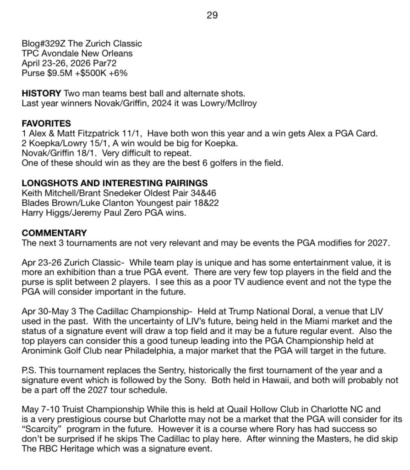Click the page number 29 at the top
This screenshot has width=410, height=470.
pyautogui.click(x=212, y=15)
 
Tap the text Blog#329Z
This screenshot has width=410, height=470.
pyautogui.click(x=40, y=44)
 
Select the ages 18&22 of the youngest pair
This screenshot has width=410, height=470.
pyautogui.click(x=171, y=202)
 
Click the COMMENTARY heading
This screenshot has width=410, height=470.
pyautogui.click(x=54, y=233)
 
